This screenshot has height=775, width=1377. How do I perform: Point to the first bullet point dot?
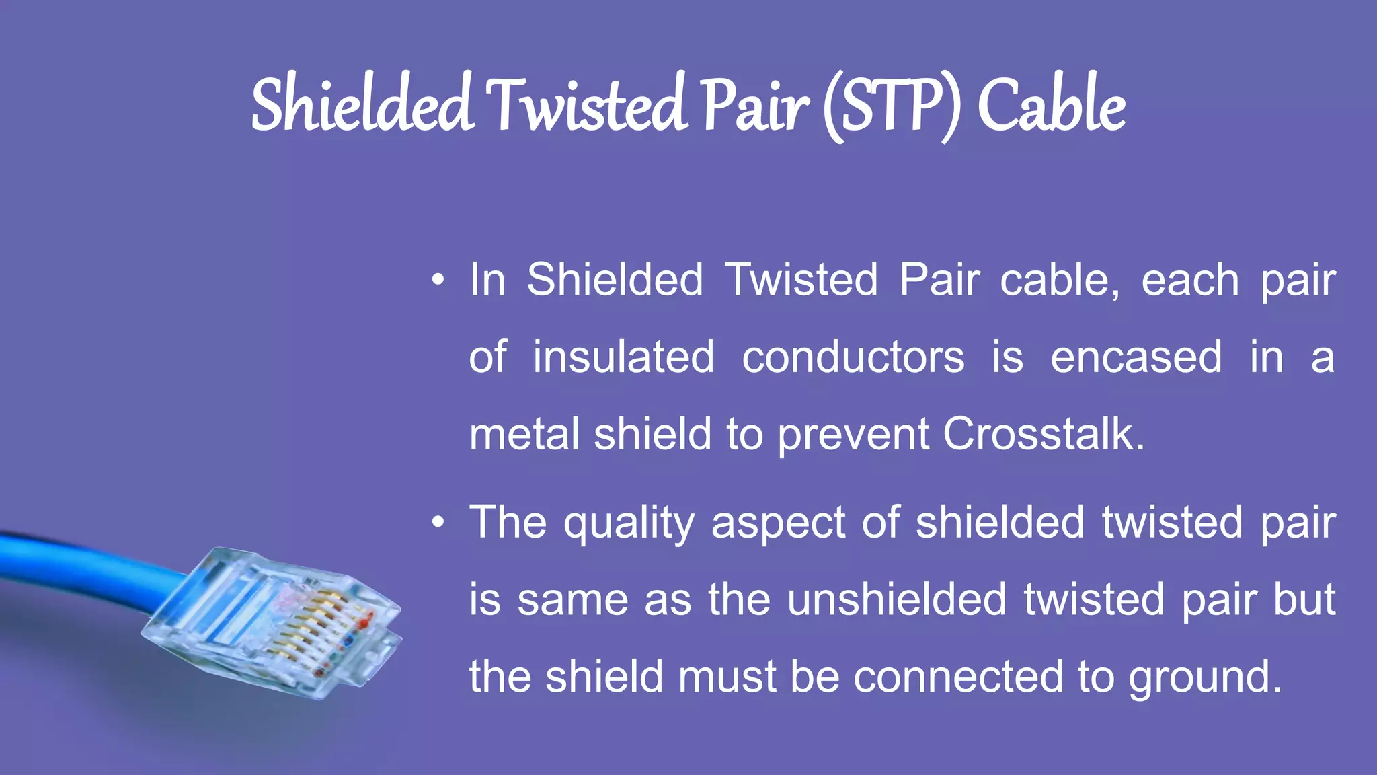click(x=438, y=280)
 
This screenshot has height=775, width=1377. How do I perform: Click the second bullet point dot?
click(x=438, y=522)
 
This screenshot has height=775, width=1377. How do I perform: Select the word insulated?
click(x=623, y=357)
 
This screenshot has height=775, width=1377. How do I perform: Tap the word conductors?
click(x=853, y=357)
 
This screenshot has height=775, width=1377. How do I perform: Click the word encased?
click(x=1136, y=357)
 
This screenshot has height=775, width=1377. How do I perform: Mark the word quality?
click(x=629, y=523)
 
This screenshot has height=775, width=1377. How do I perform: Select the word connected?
click(x=958, y=677)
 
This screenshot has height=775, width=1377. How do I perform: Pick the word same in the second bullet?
click(x=572, y=600)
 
